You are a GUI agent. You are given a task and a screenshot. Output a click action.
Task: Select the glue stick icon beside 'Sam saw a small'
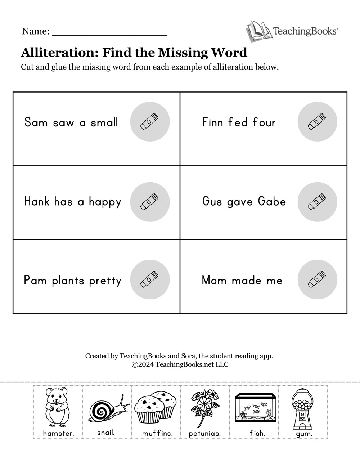click(149, 122)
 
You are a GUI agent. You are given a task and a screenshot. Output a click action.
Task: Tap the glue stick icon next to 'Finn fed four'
click(317, 122)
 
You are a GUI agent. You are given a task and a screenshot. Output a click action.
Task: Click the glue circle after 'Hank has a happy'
click(149, 202)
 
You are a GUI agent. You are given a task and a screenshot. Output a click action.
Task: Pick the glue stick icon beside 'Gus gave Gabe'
click(317, 202)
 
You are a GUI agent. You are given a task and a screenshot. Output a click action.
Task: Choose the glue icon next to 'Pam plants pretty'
click(149, 280)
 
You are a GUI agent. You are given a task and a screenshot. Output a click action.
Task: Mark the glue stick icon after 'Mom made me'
click(317, 280)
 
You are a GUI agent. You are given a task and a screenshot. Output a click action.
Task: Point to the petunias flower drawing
click(203, 407)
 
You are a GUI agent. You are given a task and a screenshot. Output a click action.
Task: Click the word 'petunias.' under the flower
click(204, 434)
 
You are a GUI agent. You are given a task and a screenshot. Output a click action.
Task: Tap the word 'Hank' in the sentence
click(37, 201)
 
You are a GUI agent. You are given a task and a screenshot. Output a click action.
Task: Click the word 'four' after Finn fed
click(264, 122)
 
